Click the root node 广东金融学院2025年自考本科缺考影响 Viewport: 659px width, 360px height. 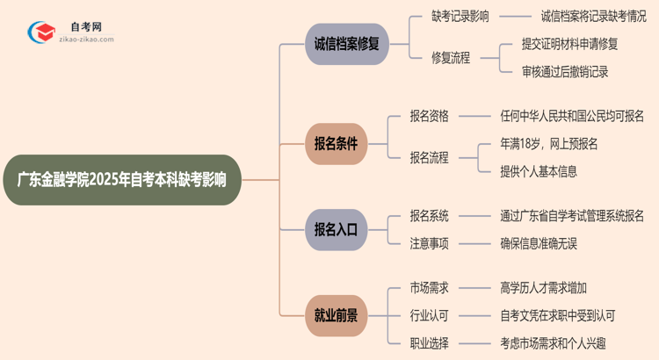[x=121, y=180]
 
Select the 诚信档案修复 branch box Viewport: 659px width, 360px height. [x=346, y=44]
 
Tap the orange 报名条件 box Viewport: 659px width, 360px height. [x=336, y=143]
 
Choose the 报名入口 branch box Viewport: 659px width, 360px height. [x=336, y=229]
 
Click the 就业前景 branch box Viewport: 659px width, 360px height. [x=336, y=314]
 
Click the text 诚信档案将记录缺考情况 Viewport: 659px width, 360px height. [x=593, y=16]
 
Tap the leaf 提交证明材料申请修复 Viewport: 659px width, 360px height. [x=569, y=44]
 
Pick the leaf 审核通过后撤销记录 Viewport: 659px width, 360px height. [x=564, y=72]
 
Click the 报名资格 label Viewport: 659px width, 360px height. [x=429, y=115]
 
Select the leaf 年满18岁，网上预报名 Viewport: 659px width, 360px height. [x=550, y=143]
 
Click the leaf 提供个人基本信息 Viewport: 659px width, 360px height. [x=538, y=171]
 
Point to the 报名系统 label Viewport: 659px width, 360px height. [x=429, y=215]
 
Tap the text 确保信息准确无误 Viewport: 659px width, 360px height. [x=538, y=243]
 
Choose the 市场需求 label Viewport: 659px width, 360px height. [x=429, y=287]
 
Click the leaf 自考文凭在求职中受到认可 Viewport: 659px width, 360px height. [x=557, y=314]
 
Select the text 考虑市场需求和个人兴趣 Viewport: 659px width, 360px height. [x=552, y=342]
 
